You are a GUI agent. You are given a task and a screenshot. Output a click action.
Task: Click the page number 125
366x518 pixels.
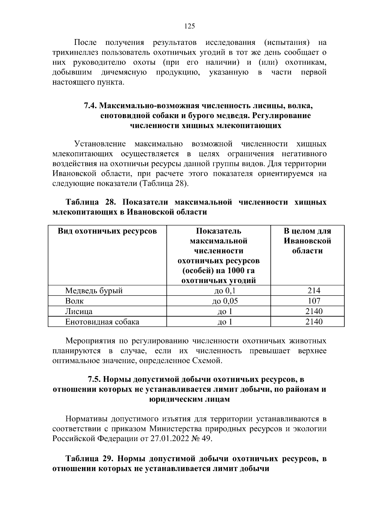point(189,26)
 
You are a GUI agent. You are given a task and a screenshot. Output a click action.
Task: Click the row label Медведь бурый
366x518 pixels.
point(94,291)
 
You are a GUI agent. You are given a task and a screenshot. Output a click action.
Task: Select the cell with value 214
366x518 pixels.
point(314,291)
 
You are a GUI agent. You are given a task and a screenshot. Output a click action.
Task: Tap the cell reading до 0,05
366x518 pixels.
point(225,301)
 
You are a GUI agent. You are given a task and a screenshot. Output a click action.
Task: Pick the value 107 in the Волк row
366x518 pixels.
point(314,301)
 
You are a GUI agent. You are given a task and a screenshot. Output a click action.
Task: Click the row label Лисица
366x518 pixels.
point(79,312)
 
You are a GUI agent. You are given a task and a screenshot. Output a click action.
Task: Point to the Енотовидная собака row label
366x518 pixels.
point(102,322)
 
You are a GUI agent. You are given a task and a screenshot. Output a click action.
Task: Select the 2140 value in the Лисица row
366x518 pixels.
point(314,312)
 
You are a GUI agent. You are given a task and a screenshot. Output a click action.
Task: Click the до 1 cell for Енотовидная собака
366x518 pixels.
point(225,322)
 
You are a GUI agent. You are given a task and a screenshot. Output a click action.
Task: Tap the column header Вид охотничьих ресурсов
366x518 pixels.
point(107,231)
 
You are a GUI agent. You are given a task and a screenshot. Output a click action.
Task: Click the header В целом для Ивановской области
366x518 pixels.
point(307,241)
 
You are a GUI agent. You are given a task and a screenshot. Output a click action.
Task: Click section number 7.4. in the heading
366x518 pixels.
point(90,106)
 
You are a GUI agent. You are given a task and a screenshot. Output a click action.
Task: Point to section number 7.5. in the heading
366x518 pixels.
point(94,379)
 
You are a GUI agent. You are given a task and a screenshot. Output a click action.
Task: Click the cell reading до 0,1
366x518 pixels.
point(225,291)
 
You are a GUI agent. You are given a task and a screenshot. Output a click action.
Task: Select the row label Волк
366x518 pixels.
point(74,301)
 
